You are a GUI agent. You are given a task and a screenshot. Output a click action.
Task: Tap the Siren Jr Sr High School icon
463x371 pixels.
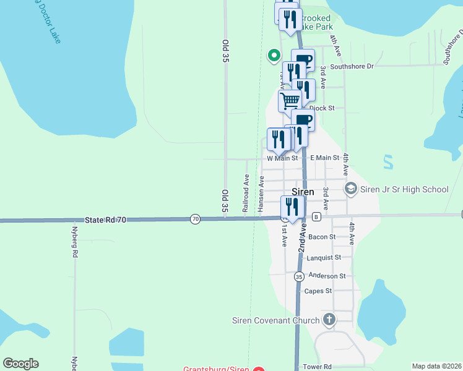coord(350,189)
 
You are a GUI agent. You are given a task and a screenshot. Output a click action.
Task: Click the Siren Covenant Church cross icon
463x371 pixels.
coord(329,320)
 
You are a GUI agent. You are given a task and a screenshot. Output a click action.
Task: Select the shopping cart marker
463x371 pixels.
coord(290,100)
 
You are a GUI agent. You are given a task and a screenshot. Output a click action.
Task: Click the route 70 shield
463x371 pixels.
coord(196,219)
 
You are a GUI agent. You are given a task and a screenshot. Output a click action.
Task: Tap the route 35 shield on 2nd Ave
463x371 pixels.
coord(298,276)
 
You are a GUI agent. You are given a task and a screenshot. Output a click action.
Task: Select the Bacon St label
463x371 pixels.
coord(322,237)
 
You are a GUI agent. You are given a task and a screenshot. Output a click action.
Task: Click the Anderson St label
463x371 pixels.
coord(327,276)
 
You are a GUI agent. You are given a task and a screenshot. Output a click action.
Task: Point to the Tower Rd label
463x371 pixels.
coord(318,367)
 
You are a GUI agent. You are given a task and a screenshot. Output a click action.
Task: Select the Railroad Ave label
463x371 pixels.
coord(246,194)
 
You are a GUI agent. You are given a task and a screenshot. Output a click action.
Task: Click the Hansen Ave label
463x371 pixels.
coord(261,192)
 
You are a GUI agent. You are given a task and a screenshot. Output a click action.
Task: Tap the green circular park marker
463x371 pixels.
coord(274,56)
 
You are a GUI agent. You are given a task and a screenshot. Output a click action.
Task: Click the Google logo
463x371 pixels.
coord(20,364)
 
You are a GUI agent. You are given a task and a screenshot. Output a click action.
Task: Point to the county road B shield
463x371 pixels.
coord(316,216)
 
